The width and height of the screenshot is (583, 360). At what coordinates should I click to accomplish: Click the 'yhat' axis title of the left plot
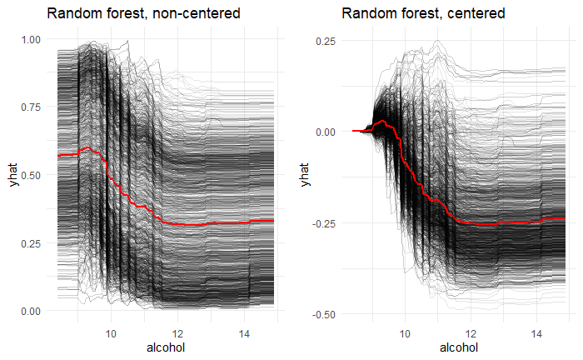(12, 175)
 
